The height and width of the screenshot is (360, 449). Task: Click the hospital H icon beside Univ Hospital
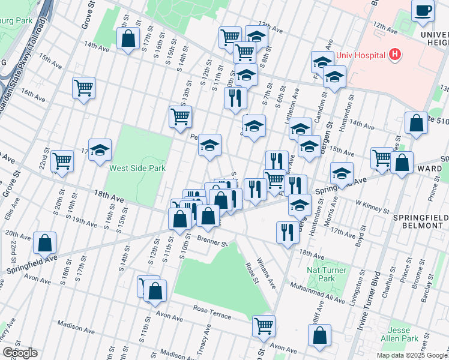pyautogui.click(x=394, y=55)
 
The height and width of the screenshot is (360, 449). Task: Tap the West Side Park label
pyautogui.click(x=137, y=169)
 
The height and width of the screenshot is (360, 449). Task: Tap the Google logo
pyautogui.click(x=20, y=353)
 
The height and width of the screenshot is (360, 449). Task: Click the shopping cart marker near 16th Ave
pyautogui.click(x=83, y=88)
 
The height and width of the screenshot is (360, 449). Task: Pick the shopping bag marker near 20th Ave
pyautogui.click(x=44, y=243)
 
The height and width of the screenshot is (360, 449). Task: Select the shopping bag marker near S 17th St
pyautogui.click(x=128, y=39)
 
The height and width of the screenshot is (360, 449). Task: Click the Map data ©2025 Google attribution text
pyautogui.click(x=411, y=355)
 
